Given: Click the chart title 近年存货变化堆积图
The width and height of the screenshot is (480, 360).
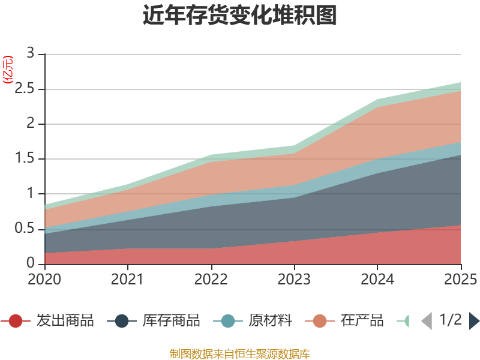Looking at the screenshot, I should (239, 16).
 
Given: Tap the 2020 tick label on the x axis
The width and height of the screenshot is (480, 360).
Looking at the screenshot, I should (44, 279).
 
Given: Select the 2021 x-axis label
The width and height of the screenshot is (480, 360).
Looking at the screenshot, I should (127, 279).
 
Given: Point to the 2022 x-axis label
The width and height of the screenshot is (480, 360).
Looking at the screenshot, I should (211, 279).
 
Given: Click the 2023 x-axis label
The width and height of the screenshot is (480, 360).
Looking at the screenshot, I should (294, 279).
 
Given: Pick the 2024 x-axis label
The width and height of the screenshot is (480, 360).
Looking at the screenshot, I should (377, 279).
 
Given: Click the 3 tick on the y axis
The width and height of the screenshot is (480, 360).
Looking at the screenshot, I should (31, 53).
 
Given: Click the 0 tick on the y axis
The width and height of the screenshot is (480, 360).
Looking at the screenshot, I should (31, 264).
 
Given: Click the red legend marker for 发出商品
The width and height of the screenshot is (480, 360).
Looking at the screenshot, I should (16, 321).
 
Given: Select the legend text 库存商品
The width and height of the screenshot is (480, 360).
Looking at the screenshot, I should (171, 321).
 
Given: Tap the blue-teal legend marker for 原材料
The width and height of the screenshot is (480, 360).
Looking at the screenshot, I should (227, 321).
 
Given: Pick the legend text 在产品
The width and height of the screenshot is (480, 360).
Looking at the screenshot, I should (362, 321).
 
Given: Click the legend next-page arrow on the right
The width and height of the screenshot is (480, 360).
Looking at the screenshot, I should (474, 321).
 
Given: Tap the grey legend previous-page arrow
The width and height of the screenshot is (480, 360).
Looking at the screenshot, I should (427, 321).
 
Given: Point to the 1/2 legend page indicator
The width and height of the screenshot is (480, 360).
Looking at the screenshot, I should (450, 320).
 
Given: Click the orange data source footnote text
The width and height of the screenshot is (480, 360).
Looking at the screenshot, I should (239, 353).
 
